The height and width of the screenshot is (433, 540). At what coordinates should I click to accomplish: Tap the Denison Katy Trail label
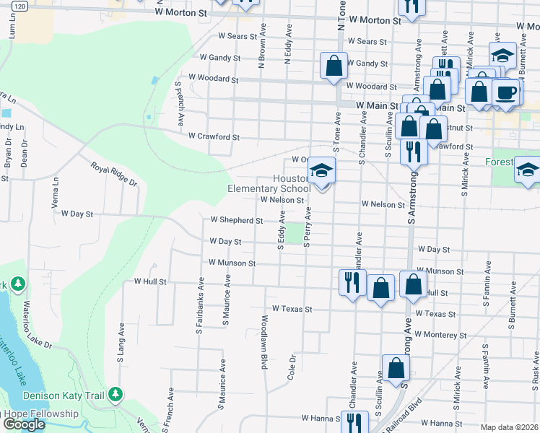(64, 395)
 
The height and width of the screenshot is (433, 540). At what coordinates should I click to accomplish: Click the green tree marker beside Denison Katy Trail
(115, 395)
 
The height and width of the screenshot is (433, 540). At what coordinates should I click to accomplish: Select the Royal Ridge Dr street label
(113, 174)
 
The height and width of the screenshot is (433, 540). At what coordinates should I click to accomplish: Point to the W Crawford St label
(214, 136)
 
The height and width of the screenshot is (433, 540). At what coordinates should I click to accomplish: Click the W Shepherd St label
(237, 219)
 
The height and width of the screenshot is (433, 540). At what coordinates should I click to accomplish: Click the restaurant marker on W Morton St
(411, 6)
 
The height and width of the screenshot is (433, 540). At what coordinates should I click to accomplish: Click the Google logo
(24, 424)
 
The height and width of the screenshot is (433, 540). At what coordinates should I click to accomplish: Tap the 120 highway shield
(19, 6)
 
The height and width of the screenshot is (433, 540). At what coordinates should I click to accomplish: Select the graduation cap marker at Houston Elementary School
(321, 171)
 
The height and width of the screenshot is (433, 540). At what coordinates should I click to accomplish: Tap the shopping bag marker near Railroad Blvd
(396, 368)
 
